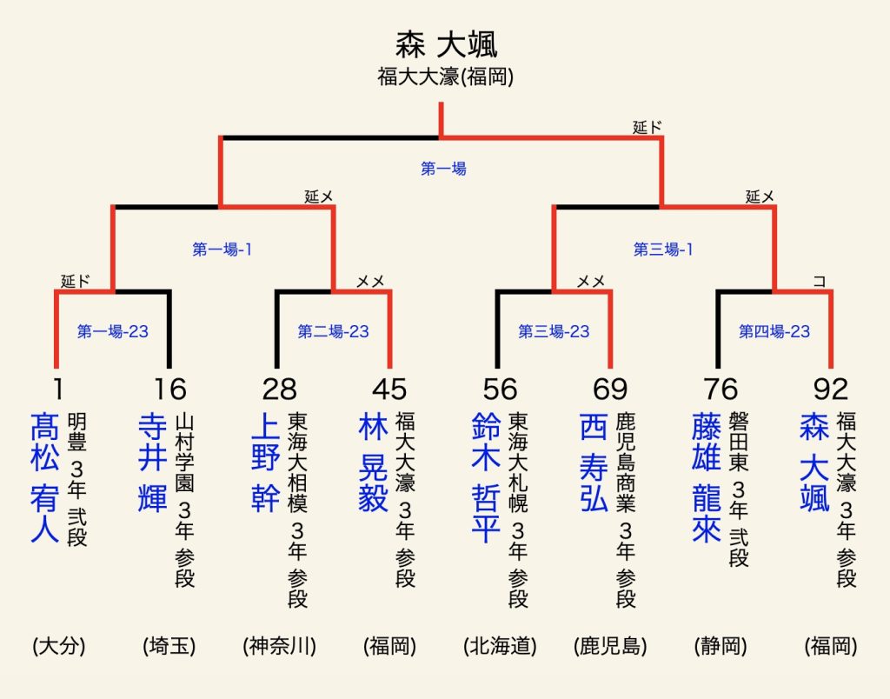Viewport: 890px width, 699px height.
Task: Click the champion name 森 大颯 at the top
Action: (446, 45)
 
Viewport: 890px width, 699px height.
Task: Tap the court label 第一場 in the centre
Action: (443, 169)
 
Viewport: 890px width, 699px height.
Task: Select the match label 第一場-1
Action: (222, 250)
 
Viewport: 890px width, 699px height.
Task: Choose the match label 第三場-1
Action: (663, 250)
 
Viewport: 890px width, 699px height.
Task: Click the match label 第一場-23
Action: (112, 331)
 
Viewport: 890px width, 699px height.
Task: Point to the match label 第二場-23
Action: (333, 331)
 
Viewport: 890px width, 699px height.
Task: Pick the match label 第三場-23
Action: (554, 331)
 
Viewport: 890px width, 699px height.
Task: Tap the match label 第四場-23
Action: (774, 331)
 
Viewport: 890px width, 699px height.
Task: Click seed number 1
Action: (57, 389)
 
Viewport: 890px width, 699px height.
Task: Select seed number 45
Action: (389, 389)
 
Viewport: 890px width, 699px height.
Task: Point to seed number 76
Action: (721, 389)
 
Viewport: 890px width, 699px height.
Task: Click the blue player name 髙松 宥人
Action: (44, 477)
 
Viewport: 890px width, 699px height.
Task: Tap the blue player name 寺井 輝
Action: (152, 462)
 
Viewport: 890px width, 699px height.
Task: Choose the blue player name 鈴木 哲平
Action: (486, 477)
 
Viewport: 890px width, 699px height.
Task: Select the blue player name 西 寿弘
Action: (594, 462)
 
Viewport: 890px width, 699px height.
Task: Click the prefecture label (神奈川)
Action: (279, 646)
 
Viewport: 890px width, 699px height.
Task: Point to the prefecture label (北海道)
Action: (500, 646)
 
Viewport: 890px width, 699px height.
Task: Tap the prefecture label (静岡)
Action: (721, 646)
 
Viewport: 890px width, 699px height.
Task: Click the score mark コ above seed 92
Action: (819, 281)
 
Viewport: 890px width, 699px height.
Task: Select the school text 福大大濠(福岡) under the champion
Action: (446, 77)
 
